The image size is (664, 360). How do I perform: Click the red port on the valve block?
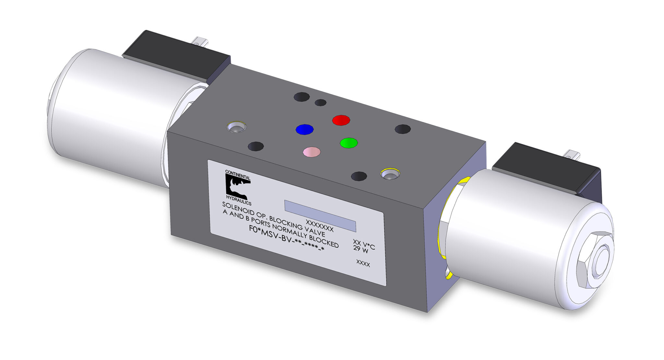[341, 120]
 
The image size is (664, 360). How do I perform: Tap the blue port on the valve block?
[304, 129]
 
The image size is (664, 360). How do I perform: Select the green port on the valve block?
[349, 143]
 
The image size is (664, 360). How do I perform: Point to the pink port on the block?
[312, 152]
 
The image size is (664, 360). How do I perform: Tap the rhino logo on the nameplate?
[237, 188]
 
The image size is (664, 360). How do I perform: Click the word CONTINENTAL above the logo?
[238, 175]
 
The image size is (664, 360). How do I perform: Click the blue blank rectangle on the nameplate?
[320, 215]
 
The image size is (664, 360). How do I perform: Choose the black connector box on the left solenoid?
[177, 55]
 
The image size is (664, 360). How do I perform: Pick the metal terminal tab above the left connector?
[200, 42]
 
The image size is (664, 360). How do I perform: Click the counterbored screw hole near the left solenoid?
[236, 127]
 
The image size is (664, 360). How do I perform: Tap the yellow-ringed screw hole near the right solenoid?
[390, 174]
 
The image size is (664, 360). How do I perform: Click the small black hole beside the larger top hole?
[321, 102]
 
